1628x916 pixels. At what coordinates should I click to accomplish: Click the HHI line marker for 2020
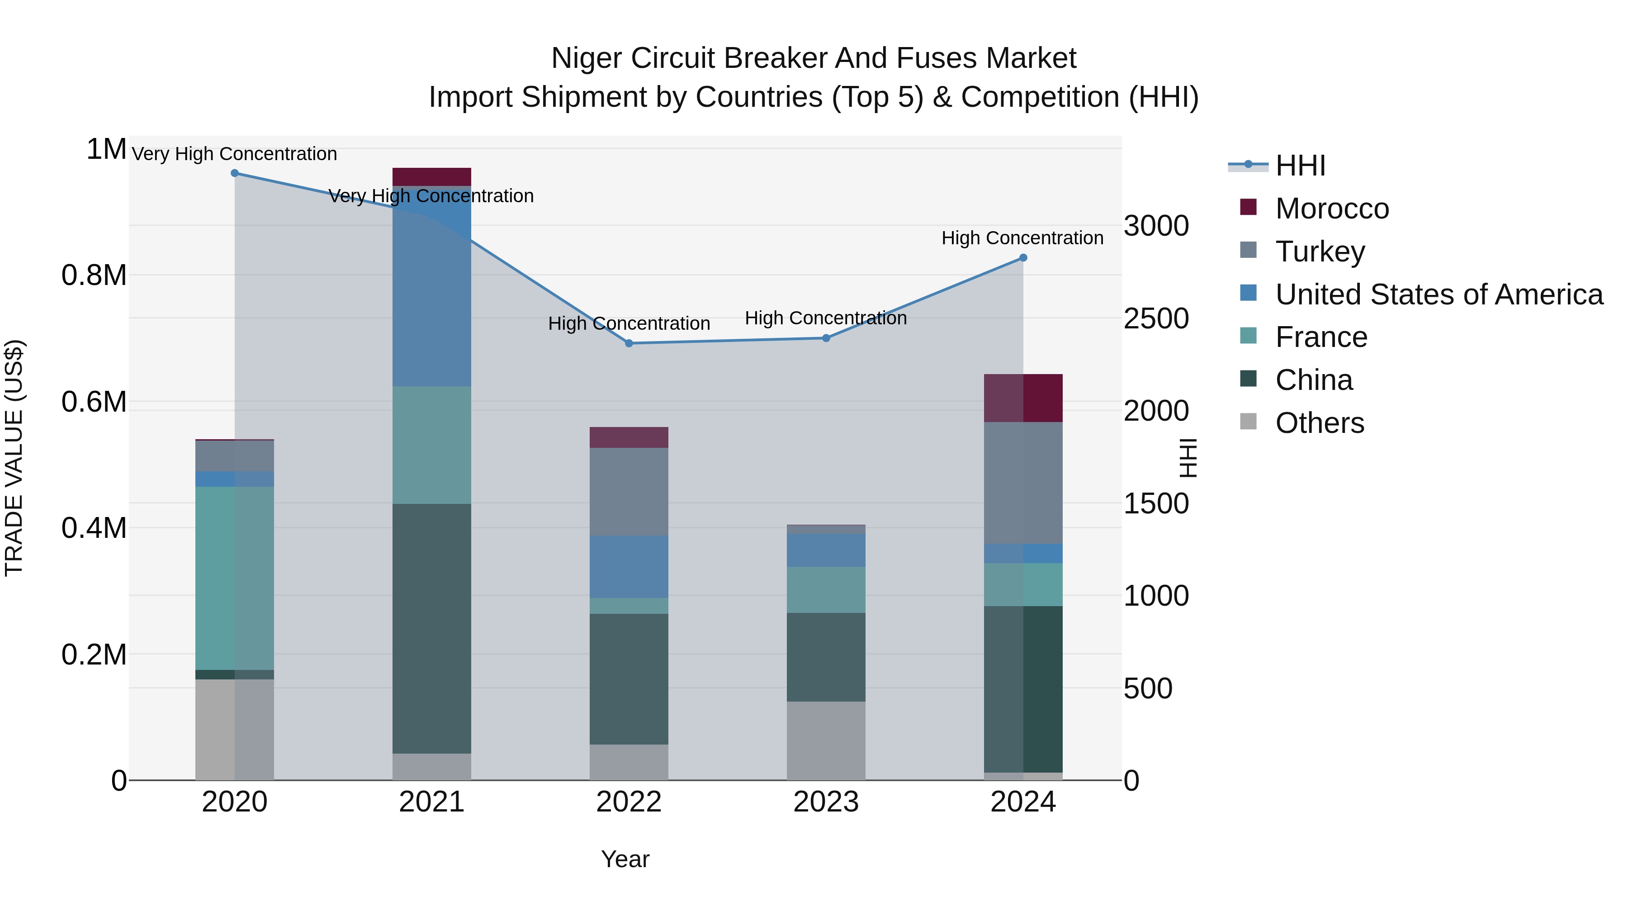pyautogui.click(x=234, y=173)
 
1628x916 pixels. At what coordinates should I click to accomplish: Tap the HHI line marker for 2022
pyautogui.click(x=629, y=343)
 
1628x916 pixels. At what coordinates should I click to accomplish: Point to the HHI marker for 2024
pyautogui.click(x=1023, y=258)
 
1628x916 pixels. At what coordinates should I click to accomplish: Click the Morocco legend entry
pyautogui.click(x=1332, y=209)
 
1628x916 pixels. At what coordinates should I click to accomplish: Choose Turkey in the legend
pyautogui.click(x=1320, y=252)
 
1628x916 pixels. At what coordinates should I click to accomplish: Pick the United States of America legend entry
pyautogui.click(x=1439, y=294)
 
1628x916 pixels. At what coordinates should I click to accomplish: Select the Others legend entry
pyautogui.click(x=1320, y=423)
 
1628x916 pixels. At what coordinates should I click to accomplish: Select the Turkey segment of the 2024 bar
pyautogui.click(x=1023, y=483)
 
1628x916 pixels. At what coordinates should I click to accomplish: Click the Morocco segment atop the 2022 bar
pyautogui.click(x=629, y=437)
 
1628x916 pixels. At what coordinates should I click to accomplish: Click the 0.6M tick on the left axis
pyautogui.click(x=94, y=402)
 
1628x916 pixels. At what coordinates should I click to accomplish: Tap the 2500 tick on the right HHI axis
pyautogui.click(x=1156, y=318)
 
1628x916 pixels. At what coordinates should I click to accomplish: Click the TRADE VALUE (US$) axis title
pyautogui.click(x=14, y=458)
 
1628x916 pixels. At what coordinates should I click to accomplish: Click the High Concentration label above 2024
pyautogui.click(x=1022, y=238)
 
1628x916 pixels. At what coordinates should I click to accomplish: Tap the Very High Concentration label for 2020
pyautogui.click(x=234, y=154)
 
